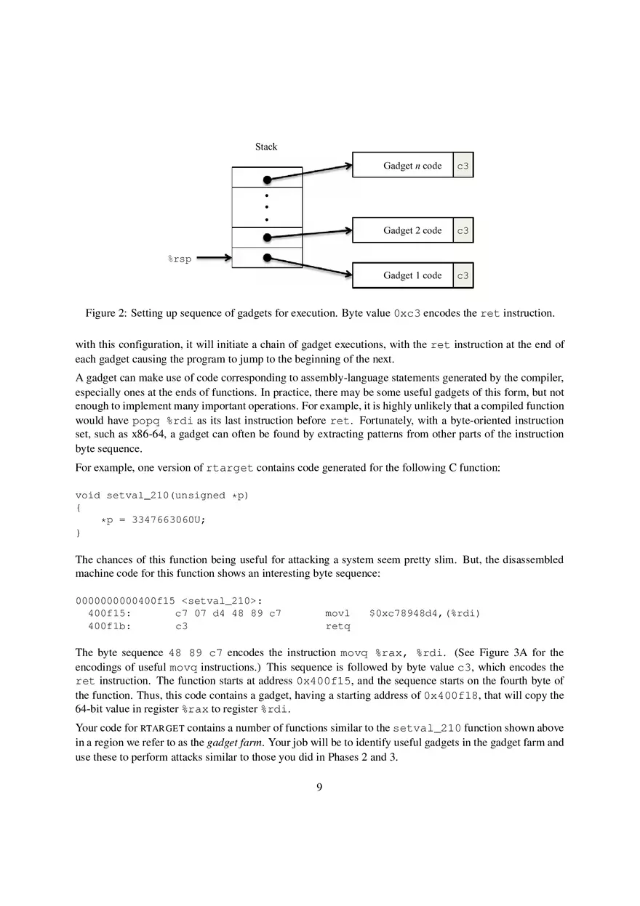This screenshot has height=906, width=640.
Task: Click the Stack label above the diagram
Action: [265, 147]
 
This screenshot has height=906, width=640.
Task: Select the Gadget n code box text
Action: [412, 166]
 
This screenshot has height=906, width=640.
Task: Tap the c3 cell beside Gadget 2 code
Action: [463, 230]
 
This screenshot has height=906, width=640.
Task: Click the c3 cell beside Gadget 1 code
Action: [463, 275]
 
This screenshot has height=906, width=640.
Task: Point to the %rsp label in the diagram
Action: [180, 259]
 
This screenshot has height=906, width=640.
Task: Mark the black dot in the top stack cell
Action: [268, 179]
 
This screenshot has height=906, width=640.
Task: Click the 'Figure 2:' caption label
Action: [106, 313]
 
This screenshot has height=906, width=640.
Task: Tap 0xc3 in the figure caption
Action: [407, 314]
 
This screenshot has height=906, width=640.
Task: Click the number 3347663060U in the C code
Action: [164, 519]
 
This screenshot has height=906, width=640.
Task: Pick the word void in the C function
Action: [88, 496]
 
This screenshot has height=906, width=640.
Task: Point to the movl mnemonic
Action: [337, 613]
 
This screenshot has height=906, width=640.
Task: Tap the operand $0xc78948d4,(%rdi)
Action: [425, 613]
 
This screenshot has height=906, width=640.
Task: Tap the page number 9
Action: [319, 787]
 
